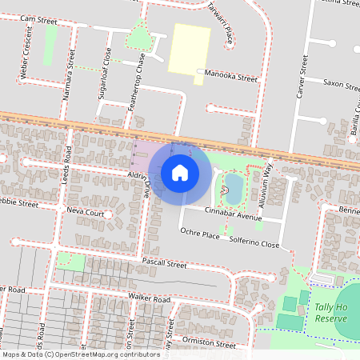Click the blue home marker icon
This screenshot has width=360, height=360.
[x=180, y=172]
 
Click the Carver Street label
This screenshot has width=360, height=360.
[x=302, y=77]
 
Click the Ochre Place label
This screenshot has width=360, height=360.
[x=199, y=234]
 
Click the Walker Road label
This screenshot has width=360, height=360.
[x=149, y=299]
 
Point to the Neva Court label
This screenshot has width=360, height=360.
[x=86, y=214]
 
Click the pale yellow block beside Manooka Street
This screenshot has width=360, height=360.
[x=190, y=46]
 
